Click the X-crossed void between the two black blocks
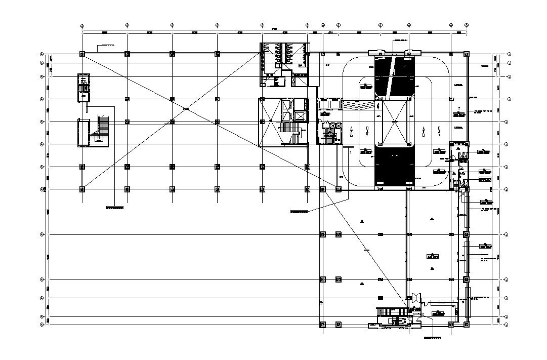pyautogui.click(x=394, y=122)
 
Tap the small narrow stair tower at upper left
pyautogui.click(x=83, y=88)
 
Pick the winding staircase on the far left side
pyautogui.click(x=103, y=131)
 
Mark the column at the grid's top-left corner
pyautogui.click(x=82, y=54)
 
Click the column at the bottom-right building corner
pyautogui.click(x=466, y=322)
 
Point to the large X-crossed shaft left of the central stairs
pyautogui.click(x=270, y=122)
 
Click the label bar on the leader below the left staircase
pyautogui.click(x=115, y=208)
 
